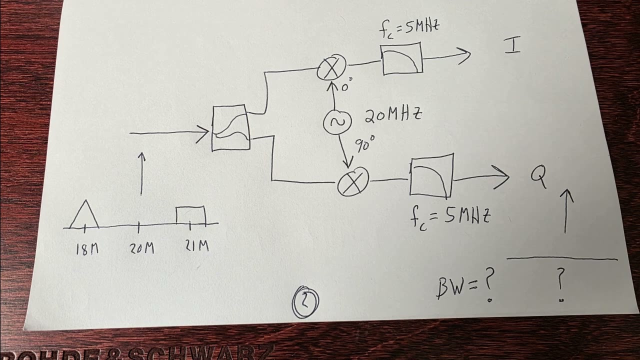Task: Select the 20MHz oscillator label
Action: [393, 116]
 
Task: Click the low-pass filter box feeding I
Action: [402, 59]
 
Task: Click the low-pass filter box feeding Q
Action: [432, 175]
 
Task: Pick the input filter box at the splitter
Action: [230, 128]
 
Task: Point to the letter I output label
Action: [512, 45]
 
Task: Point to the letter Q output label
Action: [539, 177]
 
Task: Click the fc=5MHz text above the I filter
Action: [409, 29]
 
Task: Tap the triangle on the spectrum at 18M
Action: [85, 215]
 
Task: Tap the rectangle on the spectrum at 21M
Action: [190, 215]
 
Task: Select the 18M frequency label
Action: [87, 248]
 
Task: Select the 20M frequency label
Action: [142, 247]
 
